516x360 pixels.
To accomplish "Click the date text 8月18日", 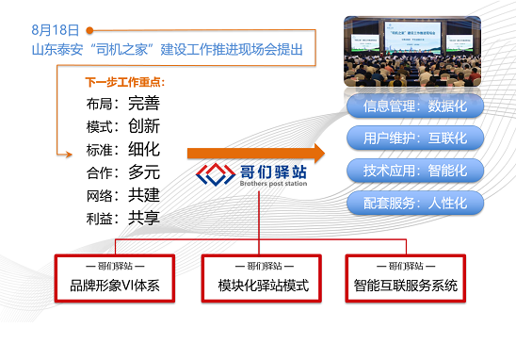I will click(x=54, y=31).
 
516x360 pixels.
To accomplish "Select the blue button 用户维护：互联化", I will click(x=415, y=138).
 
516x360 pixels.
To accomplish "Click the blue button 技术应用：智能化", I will click(x=415, y=171).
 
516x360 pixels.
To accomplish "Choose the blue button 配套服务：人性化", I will click(x=415, y=203).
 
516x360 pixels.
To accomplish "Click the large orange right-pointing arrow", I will click(x=254, y=153).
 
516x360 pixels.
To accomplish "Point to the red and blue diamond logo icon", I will click(x=215, y=175).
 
